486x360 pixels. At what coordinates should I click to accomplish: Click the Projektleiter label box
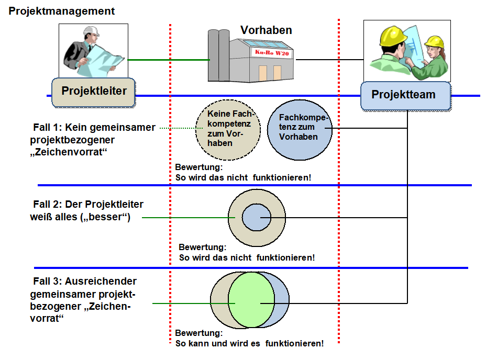click(94, 92)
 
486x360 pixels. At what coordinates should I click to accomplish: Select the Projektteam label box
click(405, 95)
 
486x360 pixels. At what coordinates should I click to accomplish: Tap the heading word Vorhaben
click(266, 30)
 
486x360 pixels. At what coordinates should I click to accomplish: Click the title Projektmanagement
click(62, 11)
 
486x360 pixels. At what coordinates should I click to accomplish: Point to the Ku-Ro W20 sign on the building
click(271, 53)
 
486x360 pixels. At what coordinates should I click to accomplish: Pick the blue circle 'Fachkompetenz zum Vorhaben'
click(300, 128)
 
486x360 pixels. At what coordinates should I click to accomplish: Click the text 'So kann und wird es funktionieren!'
click(249, 344)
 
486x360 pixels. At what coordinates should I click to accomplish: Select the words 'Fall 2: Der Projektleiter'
click(87, 205)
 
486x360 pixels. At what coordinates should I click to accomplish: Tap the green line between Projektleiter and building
click(168, 60)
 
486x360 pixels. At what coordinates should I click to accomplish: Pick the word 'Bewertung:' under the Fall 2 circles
click(202, 247)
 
